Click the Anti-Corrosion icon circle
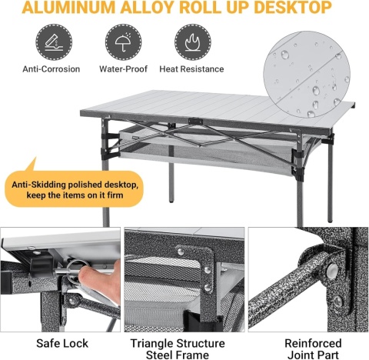(x=54, y=42)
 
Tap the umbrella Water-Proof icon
(x=123, y=42)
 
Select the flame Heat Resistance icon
(x=193, y=42)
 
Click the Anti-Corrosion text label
(x=52, y=69)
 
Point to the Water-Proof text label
(x=123, y=69)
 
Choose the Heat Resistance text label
(x=191, y=69)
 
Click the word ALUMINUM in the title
(x=68, y=8)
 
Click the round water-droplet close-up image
(x=307, y=75)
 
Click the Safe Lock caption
(x=62, y=343)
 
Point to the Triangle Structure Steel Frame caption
(x=178, y=349)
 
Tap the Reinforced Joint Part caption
(x=313, y=349)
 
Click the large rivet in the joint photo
(x=332, y=270)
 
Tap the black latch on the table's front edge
(x=195, y=121)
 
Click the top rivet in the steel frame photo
(x=181, y=252)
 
